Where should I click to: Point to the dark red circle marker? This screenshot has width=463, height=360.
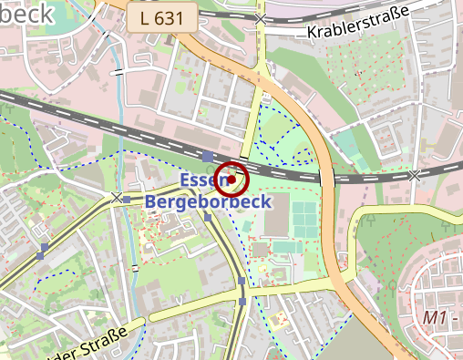[232, 180]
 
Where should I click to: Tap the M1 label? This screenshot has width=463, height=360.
[435, 318]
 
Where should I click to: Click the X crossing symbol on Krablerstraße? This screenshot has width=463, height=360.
[262, 18]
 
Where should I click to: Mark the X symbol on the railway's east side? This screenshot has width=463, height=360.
[416, 174]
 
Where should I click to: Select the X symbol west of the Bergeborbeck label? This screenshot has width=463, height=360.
[117, 198]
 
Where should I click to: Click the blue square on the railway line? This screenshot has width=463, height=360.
[209, 156]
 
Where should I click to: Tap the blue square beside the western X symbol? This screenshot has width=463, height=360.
[128, 199]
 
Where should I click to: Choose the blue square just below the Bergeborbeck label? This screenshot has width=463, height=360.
[209, 218]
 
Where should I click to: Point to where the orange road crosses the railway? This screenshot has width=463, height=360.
[324, 173]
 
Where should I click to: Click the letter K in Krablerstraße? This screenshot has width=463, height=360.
[314, 32]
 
